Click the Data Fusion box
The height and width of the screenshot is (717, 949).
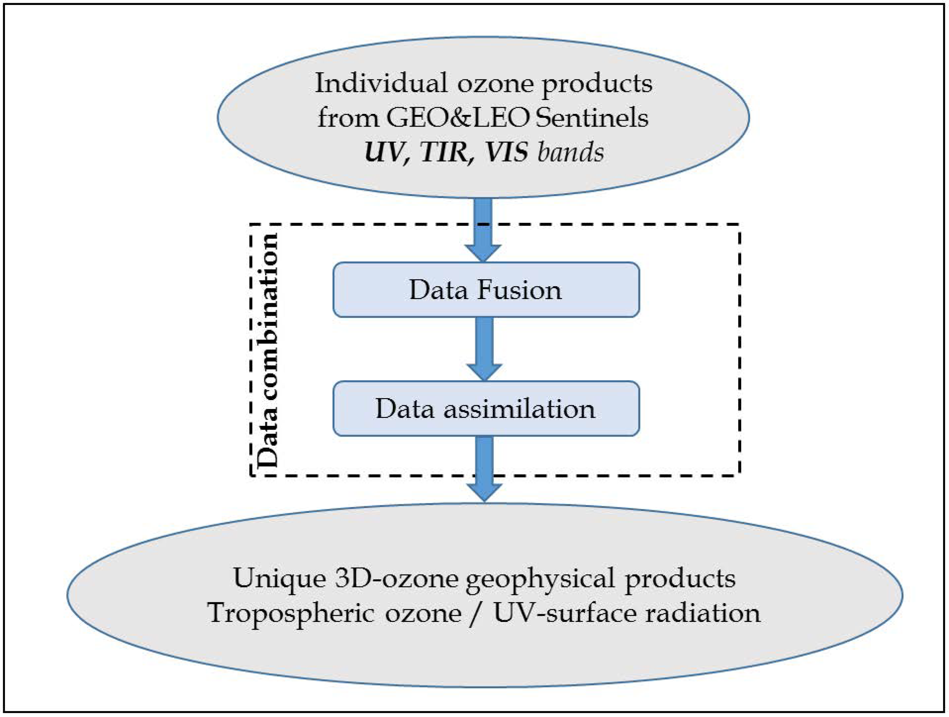click(x=486, y=290)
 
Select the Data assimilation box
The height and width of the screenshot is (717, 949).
click(x=486, y=408)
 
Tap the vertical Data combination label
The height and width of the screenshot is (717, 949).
click(x=267, y=350)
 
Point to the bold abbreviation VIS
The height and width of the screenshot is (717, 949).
click(x=506, y=152)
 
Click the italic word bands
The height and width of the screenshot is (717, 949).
click(x=570, y=152)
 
